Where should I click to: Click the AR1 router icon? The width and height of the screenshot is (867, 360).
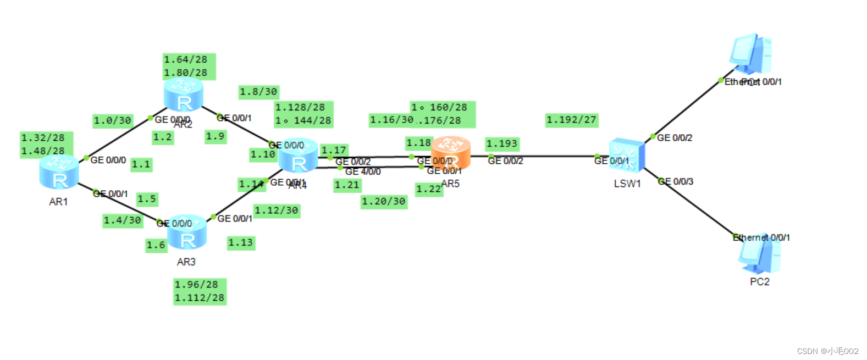(59, 172)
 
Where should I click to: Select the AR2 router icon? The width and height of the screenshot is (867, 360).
(184, 95)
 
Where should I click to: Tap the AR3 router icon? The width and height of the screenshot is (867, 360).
(187, 233)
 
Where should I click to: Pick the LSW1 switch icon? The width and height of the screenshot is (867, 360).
(627, 156)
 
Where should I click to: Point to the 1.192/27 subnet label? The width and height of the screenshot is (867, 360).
(571, 120)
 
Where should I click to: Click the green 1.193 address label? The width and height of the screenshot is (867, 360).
(502, 144)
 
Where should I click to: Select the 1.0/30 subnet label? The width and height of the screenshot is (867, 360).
(112, 120)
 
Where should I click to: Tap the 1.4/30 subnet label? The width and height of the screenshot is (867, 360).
(123, 220)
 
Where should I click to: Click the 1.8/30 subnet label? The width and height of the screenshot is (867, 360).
(258, 92)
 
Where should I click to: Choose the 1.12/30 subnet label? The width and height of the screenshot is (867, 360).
(277, 211)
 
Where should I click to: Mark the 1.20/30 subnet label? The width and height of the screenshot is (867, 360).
(384, 202)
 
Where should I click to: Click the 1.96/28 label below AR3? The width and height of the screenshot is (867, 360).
(196, 285)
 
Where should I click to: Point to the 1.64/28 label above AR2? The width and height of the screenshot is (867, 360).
(186, 59)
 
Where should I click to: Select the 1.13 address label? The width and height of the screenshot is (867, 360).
(241, 242)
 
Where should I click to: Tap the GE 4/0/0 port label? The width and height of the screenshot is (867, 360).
(363, 171)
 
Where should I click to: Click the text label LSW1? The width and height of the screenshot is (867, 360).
(627, 184)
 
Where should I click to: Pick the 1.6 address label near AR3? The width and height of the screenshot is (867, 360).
(156, 245)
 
